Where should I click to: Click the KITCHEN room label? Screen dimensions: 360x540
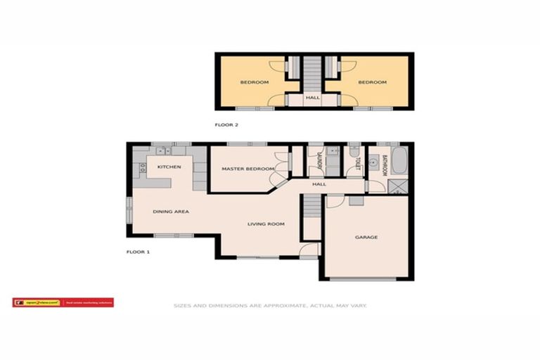tap(169, 167)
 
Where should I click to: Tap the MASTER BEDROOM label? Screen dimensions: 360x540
tap(247, 169)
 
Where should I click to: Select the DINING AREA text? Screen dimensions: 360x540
tap(171, 211)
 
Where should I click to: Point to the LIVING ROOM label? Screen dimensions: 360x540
tap(265, 224)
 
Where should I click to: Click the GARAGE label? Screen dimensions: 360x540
tap(366, 237)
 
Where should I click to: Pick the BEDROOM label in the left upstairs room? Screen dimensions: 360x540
tap(254, 82)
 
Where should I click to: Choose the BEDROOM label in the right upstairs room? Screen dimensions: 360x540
tap(372, 82)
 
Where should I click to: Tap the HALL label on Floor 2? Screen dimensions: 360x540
tap(313, 98)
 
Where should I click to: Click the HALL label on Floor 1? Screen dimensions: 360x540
tap(319, 184)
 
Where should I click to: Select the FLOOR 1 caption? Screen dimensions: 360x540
tap(138, 251)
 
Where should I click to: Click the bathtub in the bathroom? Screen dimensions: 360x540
tap(398, 162)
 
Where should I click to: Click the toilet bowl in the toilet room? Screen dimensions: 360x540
tap(354, 152)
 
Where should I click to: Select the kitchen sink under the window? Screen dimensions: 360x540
tap(162, 150)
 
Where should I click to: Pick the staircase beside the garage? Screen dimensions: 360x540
tap(311, 214)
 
